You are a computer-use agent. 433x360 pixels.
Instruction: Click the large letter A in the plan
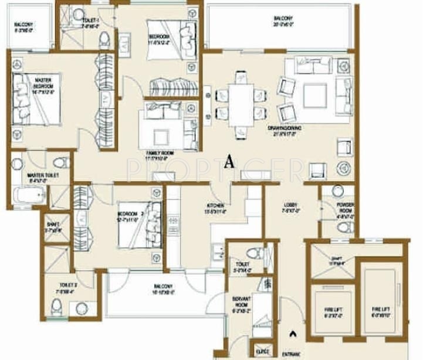tap(229, 162)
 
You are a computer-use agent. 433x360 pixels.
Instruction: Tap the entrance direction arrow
tap(292, 335)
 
